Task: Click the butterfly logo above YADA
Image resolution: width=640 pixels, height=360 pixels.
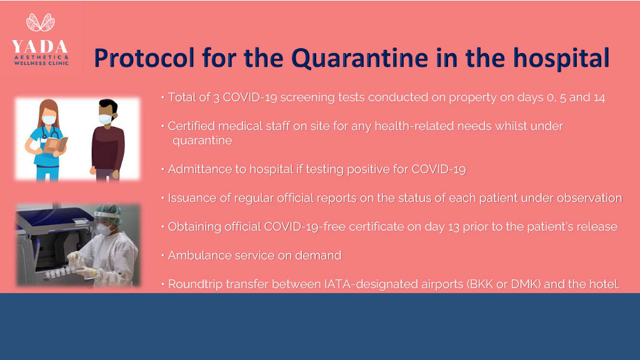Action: coord(41,22)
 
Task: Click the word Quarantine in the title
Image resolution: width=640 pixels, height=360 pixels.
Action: coord(359,58)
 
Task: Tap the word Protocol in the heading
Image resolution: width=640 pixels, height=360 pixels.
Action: coord(144,58)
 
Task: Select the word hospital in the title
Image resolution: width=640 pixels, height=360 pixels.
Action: coord(561,57)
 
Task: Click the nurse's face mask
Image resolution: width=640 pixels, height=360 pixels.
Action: coord(49,119)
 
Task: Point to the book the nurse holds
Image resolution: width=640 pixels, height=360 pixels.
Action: coord(54,145)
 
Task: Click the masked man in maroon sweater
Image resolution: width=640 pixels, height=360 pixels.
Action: coord(107,139)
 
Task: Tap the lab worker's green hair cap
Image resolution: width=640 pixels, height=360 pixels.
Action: coord(110,212)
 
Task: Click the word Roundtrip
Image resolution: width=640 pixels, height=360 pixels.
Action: coord(195,284)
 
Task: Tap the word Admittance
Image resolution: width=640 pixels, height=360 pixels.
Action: coord(200,169)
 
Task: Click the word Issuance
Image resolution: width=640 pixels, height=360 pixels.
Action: coord(192,198)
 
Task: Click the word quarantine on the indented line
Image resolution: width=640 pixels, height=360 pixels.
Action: coord(202,141)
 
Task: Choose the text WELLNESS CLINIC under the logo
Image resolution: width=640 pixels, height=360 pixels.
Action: coord(41,63)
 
